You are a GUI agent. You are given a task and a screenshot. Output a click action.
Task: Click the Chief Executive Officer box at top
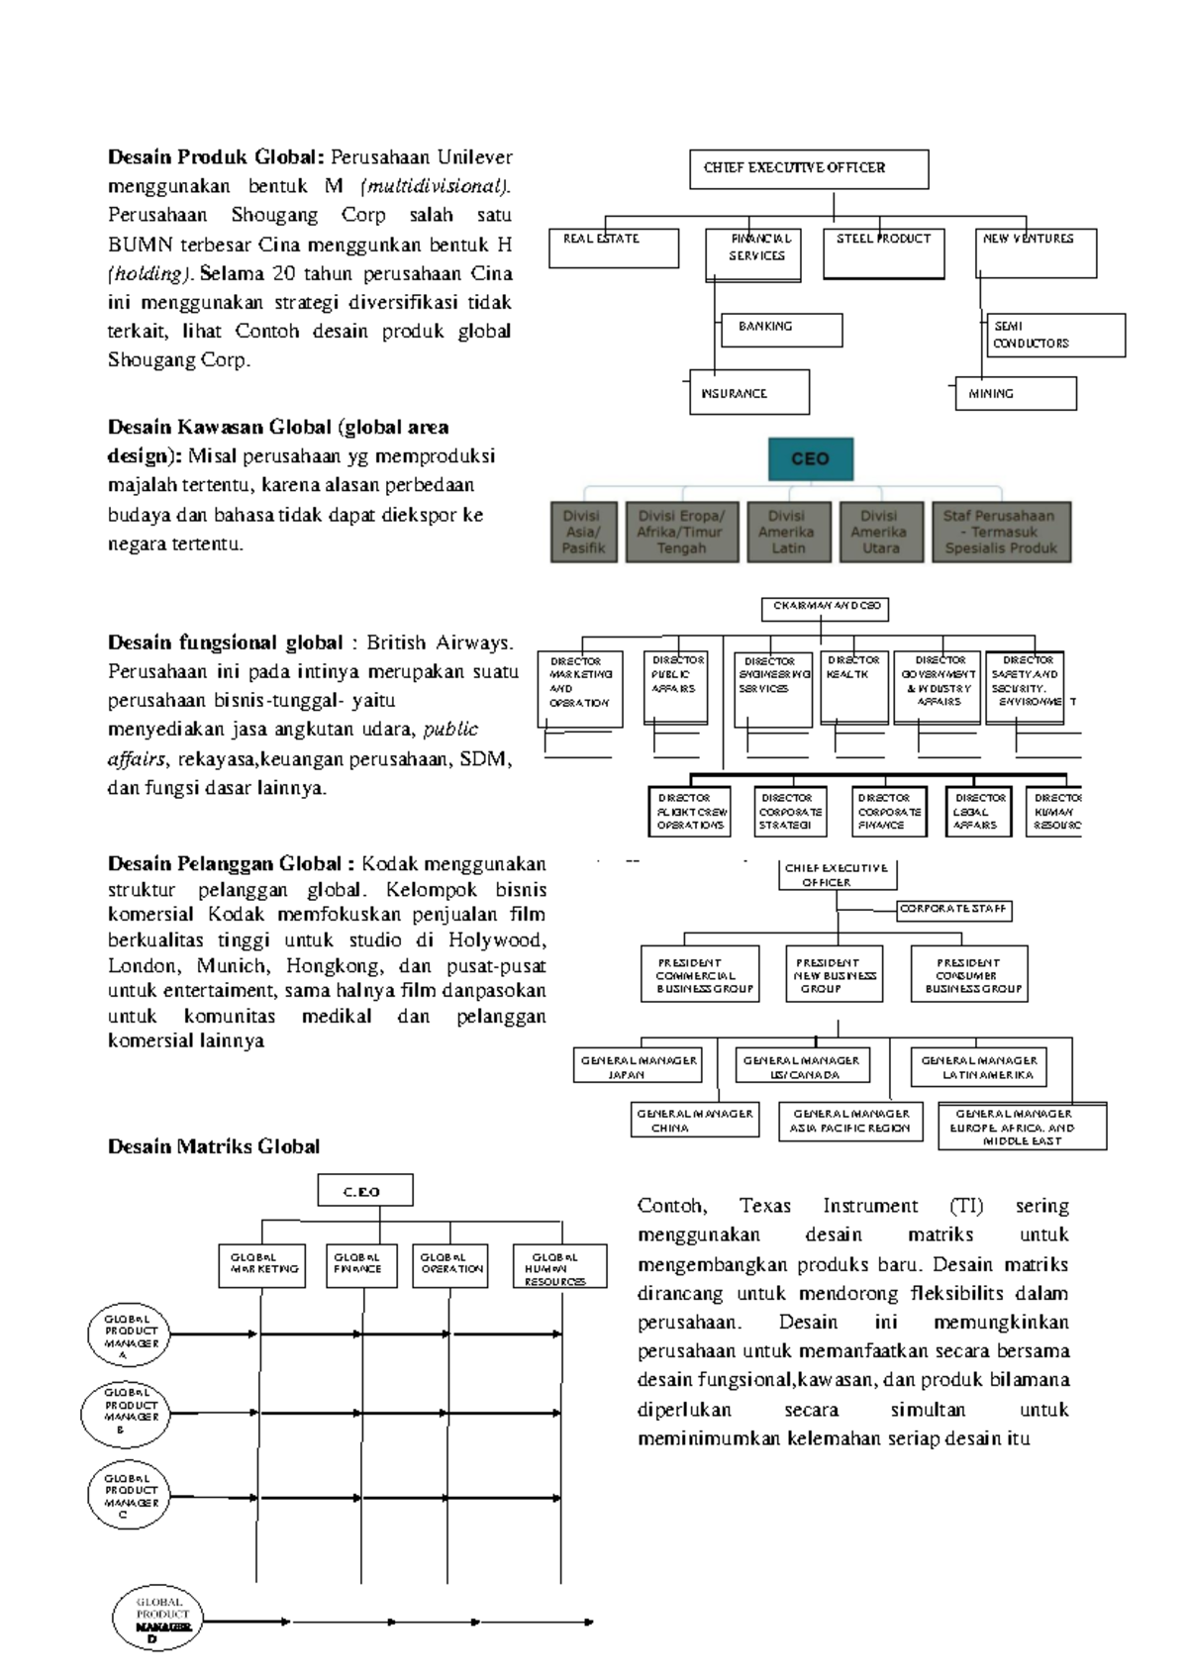click(809, 169)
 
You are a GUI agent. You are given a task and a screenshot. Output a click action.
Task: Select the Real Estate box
click(615, 248)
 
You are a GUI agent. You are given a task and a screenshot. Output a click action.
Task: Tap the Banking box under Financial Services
click(782, 330)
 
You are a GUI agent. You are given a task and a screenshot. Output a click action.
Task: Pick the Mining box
click(1016, 394)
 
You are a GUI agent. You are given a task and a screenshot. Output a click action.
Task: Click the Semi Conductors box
click(1055, 335)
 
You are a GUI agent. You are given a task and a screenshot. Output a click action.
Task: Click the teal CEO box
click(810, 459)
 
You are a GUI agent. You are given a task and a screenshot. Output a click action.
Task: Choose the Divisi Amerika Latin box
click(788, 533)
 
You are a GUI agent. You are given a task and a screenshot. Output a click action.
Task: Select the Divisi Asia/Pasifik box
click(583, 533)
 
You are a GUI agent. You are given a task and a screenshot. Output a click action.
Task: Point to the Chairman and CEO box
click(825, 608)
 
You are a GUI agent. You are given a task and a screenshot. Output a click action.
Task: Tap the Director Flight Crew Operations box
click(691, 812)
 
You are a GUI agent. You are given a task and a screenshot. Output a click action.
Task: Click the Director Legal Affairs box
click(978, 812)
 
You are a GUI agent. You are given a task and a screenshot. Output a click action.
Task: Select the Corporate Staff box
click(953, 909)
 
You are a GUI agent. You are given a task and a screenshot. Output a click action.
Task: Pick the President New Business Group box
click(835, 975)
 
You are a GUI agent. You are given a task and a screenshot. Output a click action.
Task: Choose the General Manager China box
click(695, 1120)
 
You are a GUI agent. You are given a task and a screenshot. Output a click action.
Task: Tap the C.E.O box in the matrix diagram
click(364, 1191)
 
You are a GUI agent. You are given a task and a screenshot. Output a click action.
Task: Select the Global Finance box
click(360, 1265)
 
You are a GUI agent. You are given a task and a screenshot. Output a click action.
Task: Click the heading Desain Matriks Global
click(214, 1147)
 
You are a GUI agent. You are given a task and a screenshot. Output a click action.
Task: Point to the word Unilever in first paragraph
click(474, 157)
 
